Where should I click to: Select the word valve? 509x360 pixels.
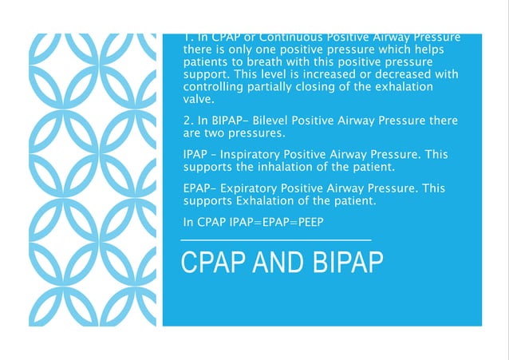(199, 100)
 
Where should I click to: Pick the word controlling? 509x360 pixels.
(215, 87)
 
